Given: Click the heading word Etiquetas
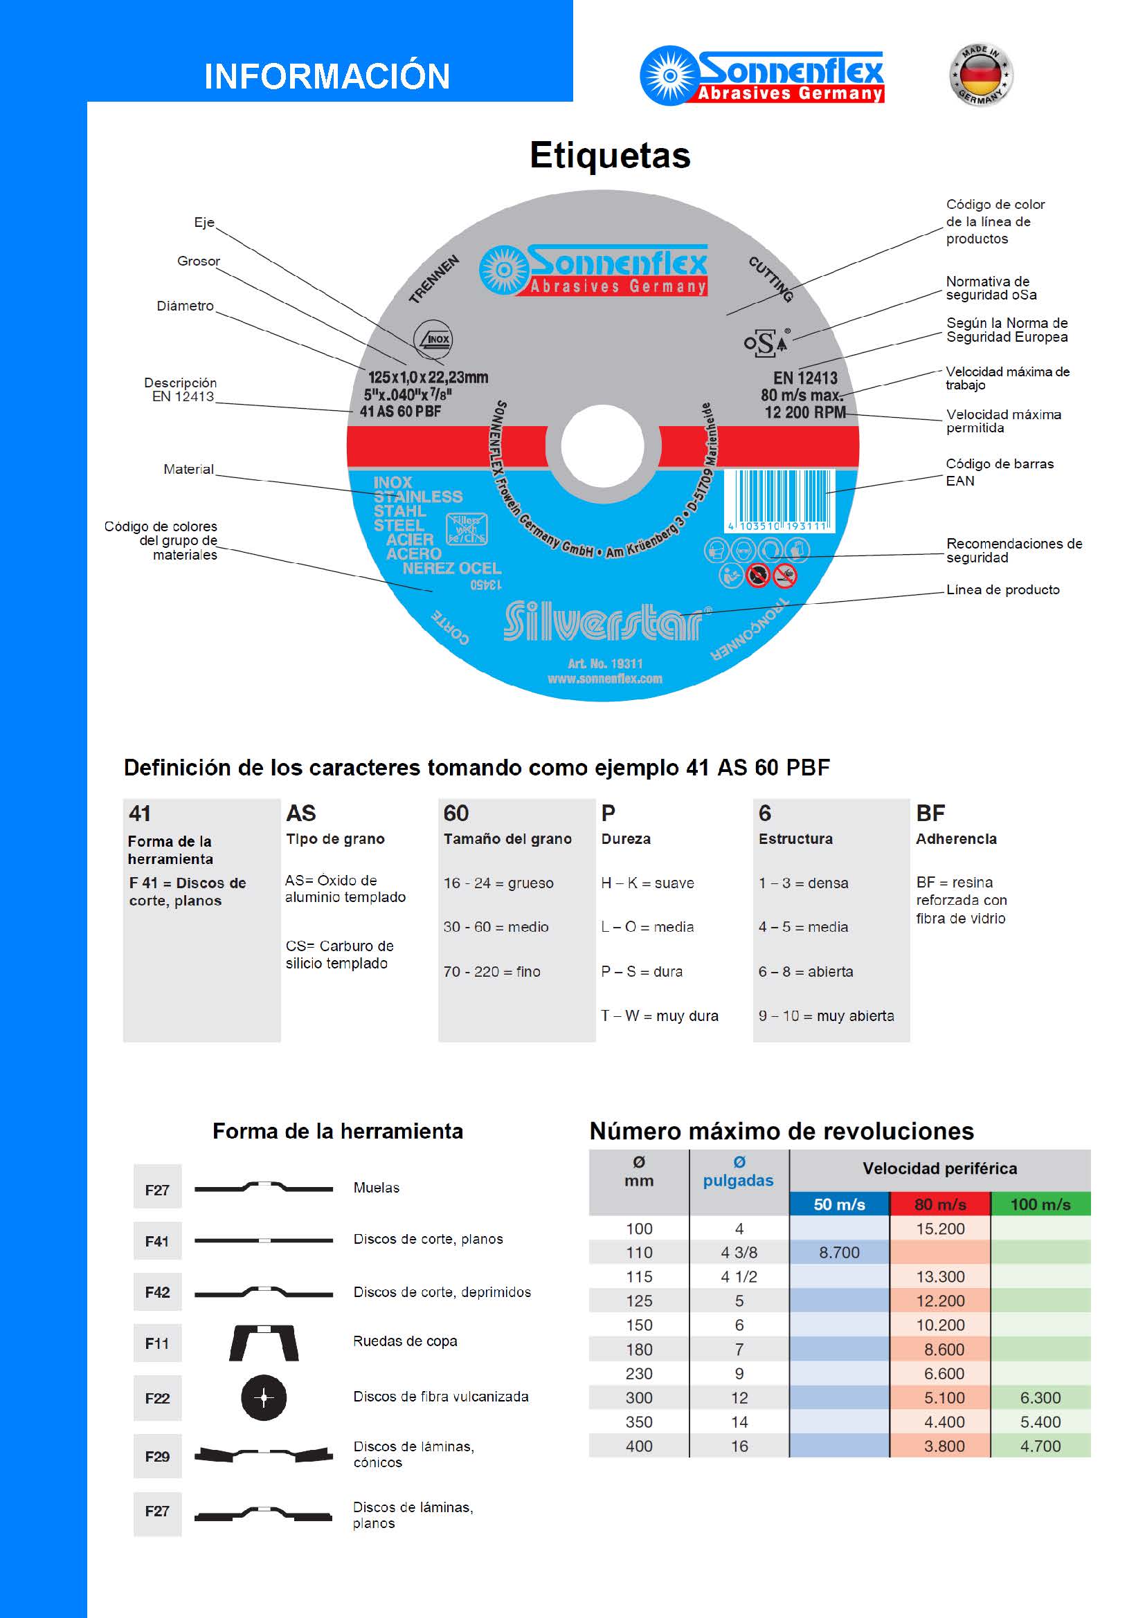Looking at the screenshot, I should [610, 156].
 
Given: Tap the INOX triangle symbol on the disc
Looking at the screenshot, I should [432, 339].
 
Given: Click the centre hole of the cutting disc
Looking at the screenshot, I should [602, 445].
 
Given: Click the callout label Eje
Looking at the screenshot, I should [204, 223].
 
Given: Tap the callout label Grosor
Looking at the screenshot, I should [198, 261].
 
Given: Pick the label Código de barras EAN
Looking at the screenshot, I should [999, 472].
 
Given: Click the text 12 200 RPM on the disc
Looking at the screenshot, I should [804, 412].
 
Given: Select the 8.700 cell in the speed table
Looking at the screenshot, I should [839, 1252].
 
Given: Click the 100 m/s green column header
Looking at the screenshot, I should [1040, 1204].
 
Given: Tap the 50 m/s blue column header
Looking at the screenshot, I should [839, 1204].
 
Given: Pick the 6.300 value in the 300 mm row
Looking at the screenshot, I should [1040, 1397].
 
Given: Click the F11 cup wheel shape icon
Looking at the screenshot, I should [264, 1343].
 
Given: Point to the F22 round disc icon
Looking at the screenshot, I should [264, 1397].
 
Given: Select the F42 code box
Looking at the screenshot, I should [157, 1291].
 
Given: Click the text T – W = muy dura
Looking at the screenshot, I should [659, 1015].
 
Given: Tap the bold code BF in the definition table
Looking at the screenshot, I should [930, 813].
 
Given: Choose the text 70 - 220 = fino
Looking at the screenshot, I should [492, 972].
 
